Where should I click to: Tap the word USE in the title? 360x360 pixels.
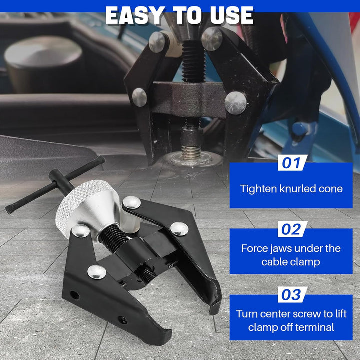[229, 15]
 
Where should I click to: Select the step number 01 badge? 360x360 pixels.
[291, 163]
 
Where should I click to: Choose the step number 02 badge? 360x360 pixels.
[291, 229]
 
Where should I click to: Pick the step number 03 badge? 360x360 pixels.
[291, 295]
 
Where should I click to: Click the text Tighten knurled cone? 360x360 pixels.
[291, 189]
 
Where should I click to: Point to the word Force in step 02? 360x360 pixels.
[255, 248]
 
